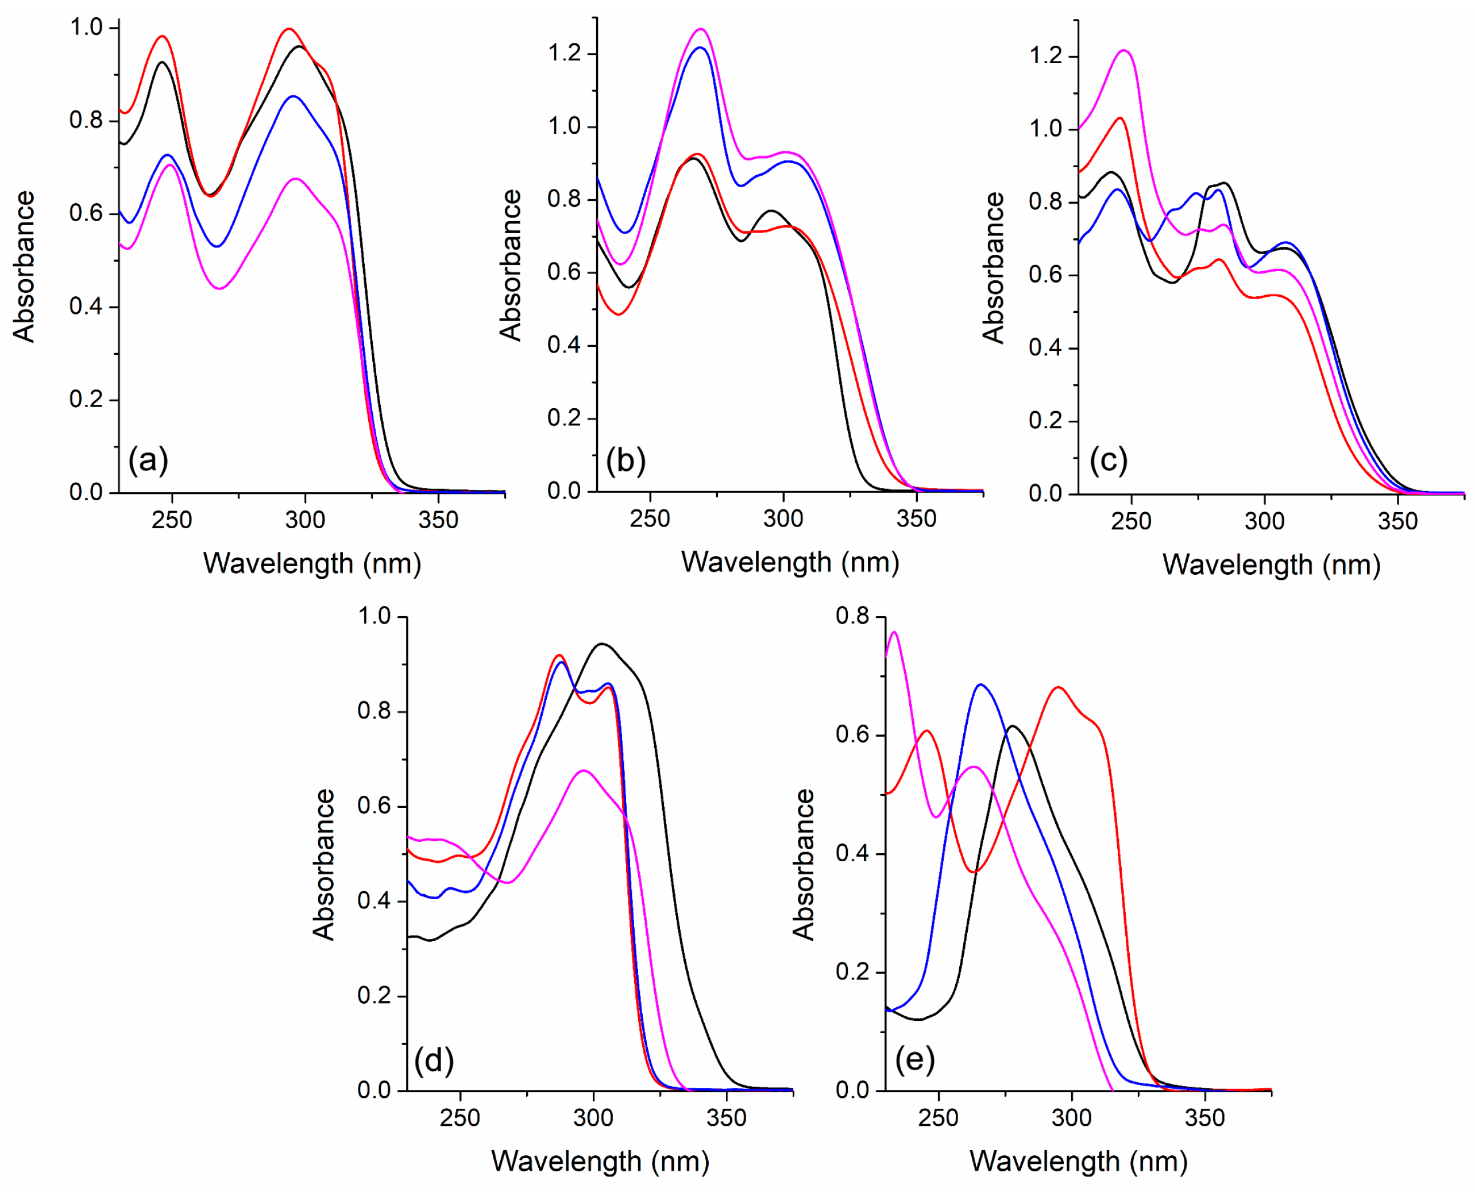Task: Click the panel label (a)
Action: pos(148,459)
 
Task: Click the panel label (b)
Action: pos(625,459)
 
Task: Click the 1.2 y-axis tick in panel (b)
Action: pos(565,53)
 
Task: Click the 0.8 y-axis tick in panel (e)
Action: pos(852,616)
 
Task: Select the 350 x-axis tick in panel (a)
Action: pos(438,520)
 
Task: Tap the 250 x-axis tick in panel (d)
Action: pos(460,1117)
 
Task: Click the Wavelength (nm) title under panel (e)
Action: pos(1078,1160)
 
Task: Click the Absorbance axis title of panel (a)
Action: pos(24,266)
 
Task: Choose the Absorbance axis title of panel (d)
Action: pos(323,864)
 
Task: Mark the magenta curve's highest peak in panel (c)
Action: pos(1124,50)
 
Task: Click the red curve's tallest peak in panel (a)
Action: pos(289,29)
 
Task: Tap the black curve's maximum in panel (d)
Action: pos(601,644)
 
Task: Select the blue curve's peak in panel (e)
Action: pos(980,684)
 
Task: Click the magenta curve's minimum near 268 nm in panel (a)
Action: pos(220,288)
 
